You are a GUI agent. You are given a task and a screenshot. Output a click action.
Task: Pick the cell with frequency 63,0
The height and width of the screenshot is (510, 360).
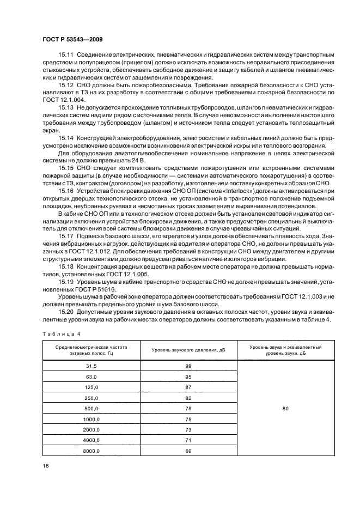[90, 377]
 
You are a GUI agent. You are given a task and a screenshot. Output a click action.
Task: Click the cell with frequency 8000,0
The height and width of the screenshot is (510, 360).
[90, 451]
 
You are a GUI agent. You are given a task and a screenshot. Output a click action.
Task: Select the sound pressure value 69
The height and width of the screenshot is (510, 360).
[188, 451]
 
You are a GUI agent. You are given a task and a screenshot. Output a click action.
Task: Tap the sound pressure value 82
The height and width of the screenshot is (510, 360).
[188, 398]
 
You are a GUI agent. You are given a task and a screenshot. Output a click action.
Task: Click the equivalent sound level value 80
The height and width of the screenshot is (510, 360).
[285, 408]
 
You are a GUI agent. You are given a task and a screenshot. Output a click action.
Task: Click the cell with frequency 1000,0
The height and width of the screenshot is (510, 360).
[90, 419]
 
